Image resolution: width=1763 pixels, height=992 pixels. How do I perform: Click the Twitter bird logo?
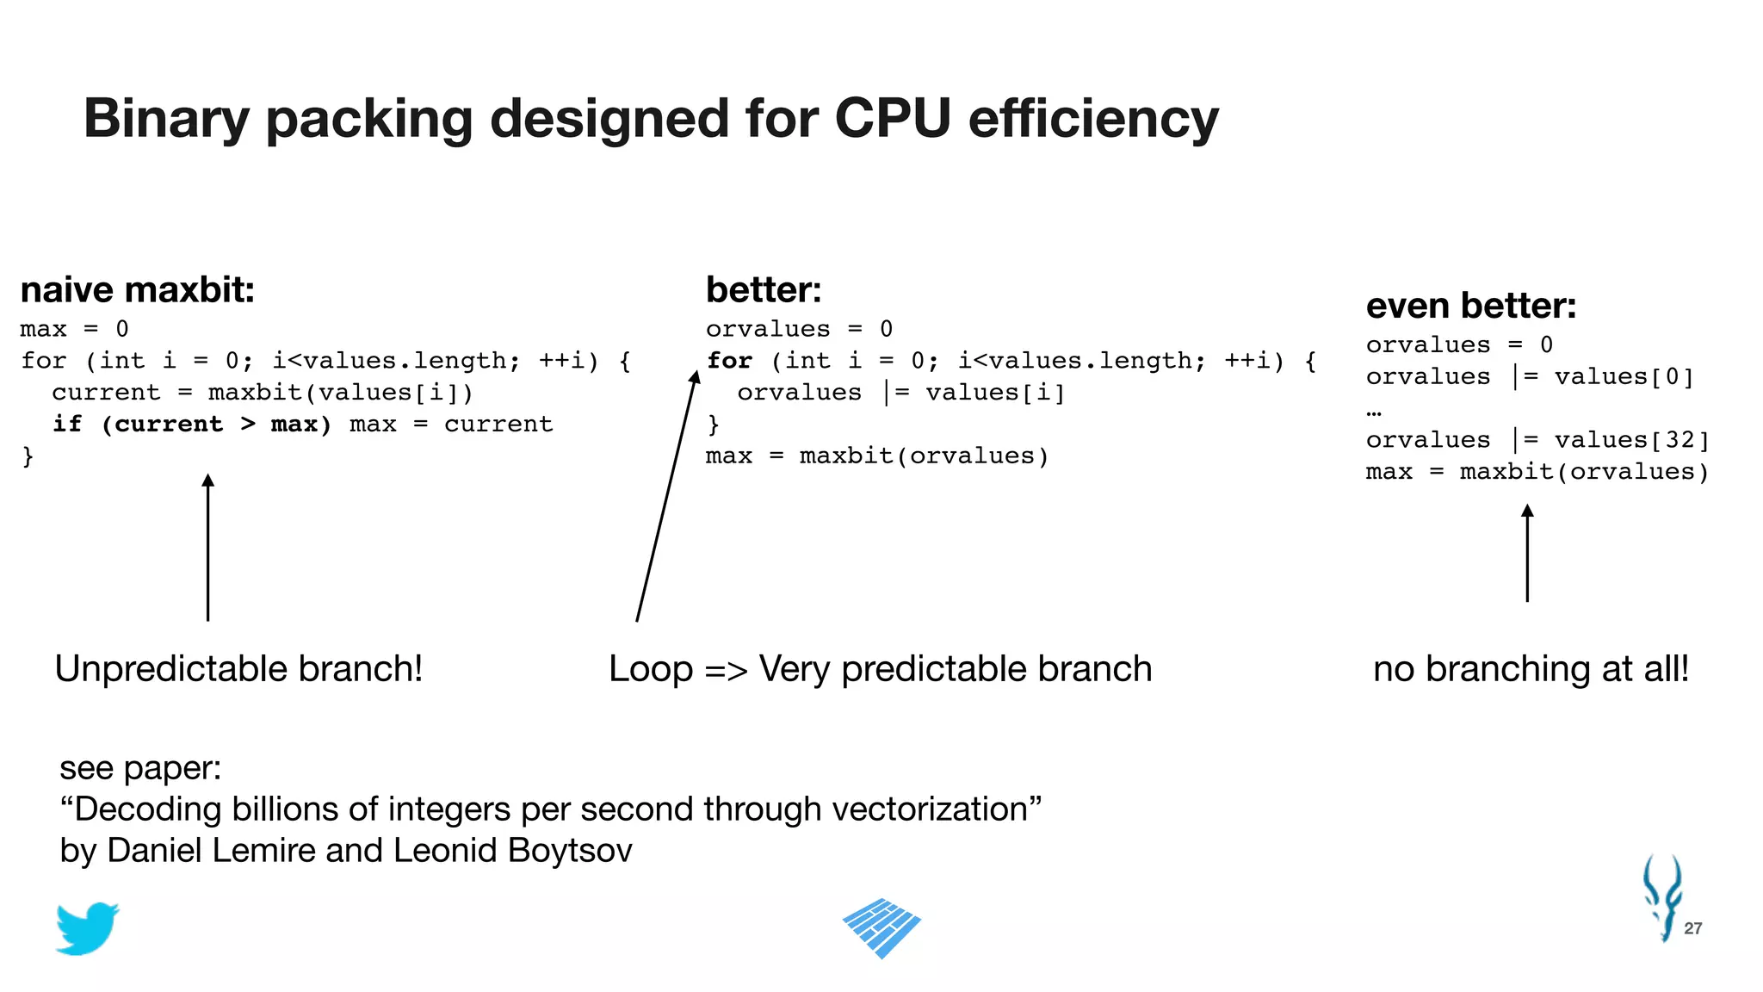tap(86, 928)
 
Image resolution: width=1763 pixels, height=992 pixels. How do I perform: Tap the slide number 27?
tap(1692, 928)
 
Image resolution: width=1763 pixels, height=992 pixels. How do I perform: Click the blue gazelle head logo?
tap(1661, 896)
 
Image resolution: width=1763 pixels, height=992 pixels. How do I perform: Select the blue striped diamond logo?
tap(881, 927)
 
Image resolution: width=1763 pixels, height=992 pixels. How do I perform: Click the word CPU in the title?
tap(893, 118)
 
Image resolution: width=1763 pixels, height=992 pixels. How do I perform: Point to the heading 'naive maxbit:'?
tap(138, 290)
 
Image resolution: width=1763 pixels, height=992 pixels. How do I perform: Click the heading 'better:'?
tap(764, 290)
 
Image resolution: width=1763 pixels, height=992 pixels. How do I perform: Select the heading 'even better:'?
tap(1470, 306)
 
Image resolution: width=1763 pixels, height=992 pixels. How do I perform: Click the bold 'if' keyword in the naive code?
tap(67, 425)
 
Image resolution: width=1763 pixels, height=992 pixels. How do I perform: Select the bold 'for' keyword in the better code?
tap(729, 361)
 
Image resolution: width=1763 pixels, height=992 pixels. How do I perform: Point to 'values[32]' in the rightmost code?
tap(1631, 440)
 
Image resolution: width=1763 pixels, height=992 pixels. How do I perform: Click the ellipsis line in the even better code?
tap(1374, 411)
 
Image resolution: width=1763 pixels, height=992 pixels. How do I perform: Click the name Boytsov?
tap(569, 851)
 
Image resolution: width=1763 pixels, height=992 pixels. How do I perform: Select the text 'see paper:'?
tap(140, 768)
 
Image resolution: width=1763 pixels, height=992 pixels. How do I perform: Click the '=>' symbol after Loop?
tap(726, 670)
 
